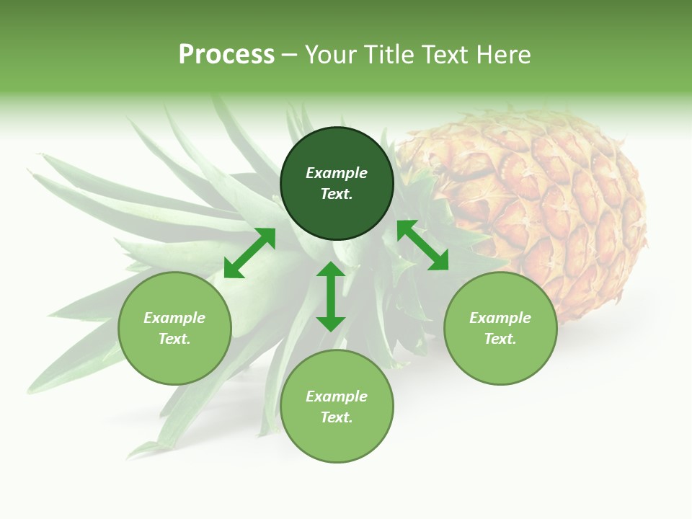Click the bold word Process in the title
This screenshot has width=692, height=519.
click(x=226, y=55)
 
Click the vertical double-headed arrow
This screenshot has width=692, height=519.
click(x=331, y=296)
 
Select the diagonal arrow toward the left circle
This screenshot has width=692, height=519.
click(x=249, y=253)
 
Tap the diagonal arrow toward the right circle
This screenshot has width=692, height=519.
click(x=422, y=246)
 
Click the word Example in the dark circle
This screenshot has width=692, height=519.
click(x=337, y=173)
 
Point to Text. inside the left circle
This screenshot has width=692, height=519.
click(x=174, y=339)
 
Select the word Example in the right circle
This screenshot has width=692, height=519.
click(x=500, y=318)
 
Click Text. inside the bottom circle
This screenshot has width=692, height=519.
click(x=337, y=417)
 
